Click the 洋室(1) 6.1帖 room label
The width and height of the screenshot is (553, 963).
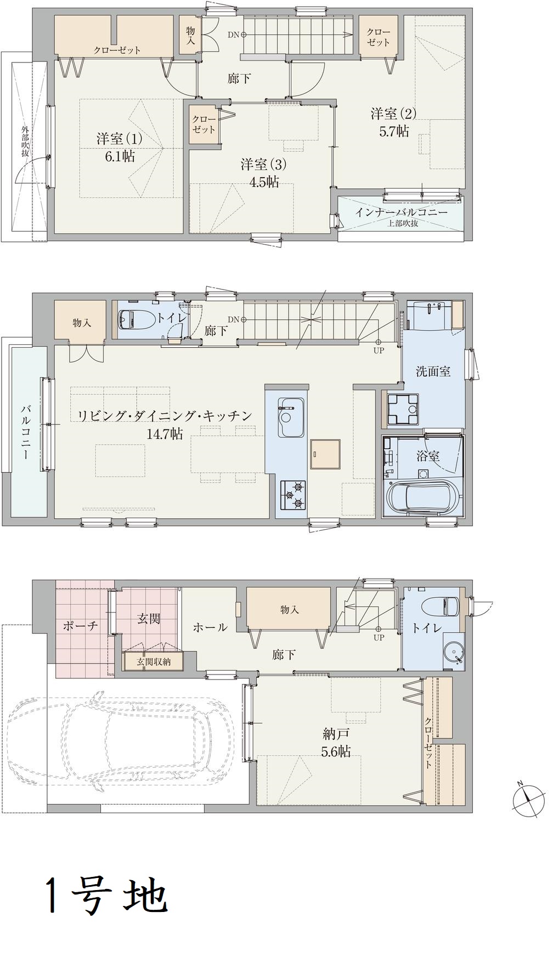coord(120,147)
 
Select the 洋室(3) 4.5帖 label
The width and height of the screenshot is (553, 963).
coord(264,173)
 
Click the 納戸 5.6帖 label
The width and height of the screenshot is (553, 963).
coord(336,743)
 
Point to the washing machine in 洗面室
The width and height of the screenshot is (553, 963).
coord(403,409)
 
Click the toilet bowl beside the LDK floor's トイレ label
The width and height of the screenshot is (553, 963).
coord(131,319)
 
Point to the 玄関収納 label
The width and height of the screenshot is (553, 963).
coord(153,662)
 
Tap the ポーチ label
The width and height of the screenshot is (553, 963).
coord(81,626)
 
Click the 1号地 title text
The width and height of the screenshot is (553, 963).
coord(106,894)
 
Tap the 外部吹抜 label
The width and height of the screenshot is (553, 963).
coord(25,142)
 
